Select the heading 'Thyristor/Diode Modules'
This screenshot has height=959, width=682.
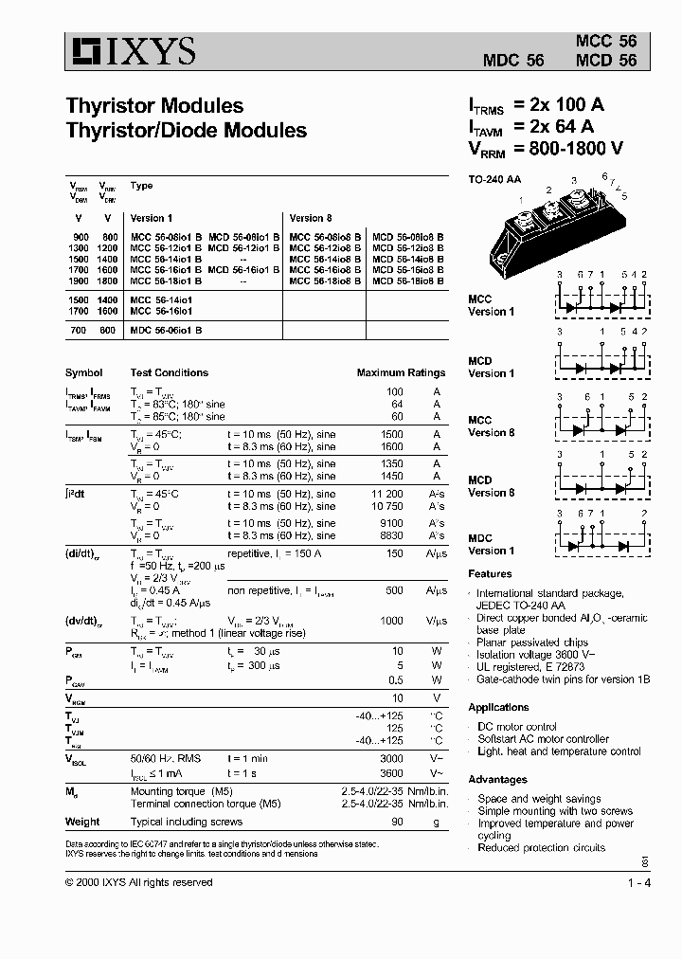click(186, 131)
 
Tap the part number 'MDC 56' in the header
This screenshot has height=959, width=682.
click(513, 59)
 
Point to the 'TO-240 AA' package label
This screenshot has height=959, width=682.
click(495, 179)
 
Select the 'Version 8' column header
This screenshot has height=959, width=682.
click(311, 218)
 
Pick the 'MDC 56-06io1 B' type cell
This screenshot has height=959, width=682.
click(166, 331)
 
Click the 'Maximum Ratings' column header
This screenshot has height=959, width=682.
click(400, 373)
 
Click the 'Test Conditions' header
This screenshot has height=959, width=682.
click(169, 373)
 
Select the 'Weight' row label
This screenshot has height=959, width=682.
click(82, 823)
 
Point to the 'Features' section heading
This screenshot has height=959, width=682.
click(490, 574)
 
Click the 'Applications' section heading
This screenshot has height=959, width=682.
click(498, 708)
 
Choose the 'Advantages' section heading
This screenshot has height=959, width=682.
click(497, 780)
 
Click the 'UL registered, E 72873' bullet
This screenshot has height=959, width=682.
click(530, 666)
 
